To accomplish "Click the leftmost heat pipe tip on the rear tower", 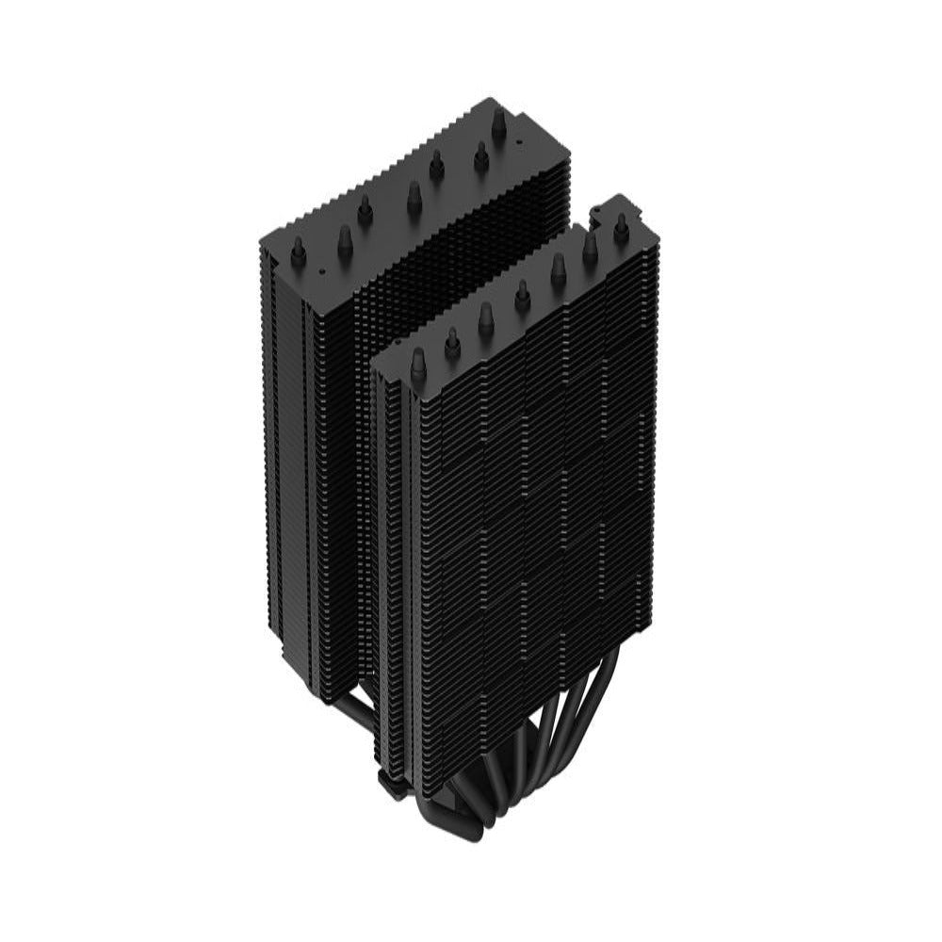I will (x=298, y=249).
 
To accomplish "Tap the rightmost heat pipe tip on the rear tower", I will (x=498, y=123).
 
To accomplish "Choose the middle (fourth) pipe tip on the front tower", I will (x=522, y=295).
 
